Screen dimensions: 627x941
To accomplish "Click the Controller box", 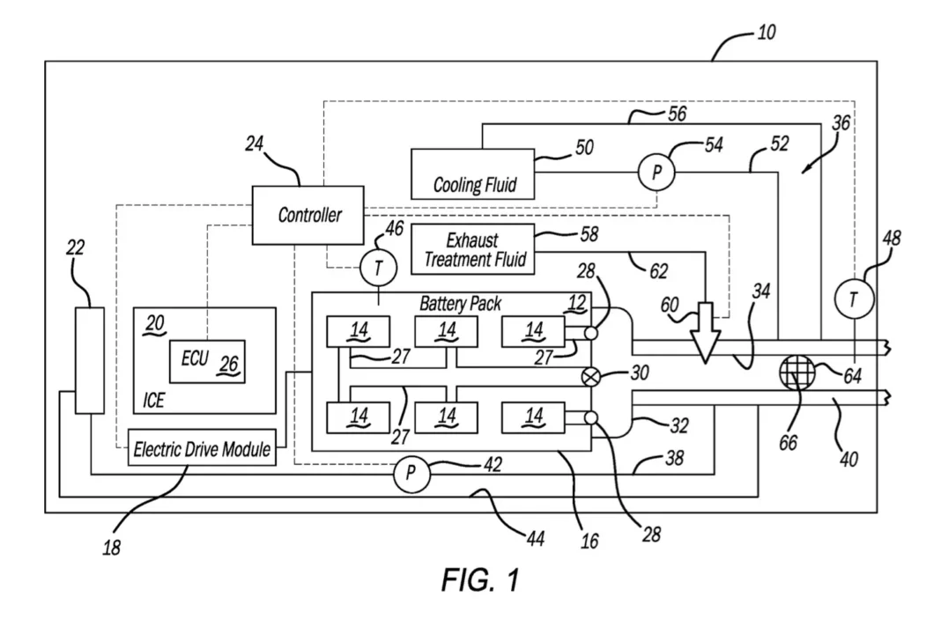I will (x=308, y=215).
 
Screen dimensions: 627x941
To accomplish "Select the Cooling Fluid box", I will (x=474, y=173).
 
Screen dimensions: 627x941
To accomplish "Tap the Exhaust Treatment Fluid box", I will (x=474, y=247).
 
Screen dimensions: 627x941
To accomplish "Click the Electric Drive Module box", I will (x=201, y=449).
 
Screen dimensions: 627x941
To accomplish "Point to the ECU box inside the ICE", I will (x=207, y=361).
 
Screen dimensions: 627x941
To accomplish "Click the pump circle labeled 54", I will (x=656, y=173).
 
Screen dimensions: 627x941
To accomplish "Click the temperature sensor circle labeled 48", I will (x=852, y=300).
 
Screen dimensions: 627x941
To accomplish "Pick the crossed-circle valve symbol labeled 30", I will (x=590, y=376).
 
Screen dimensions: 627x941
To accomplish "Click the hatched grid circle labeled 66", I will (x=793, y=374).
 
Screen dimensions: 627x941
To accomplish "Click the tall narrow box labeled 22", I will (x=89, y=359).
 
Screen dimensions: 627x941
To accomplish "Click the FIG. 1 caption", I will (x=480, y=581).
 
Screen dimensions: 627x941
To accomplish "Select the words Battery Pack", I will (x=460, y=304).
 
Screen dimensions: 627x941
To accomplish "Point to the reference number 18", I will (x=112, y=547).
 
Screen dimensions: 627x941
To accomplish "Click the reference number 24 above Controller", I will (x=255, y=144).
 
